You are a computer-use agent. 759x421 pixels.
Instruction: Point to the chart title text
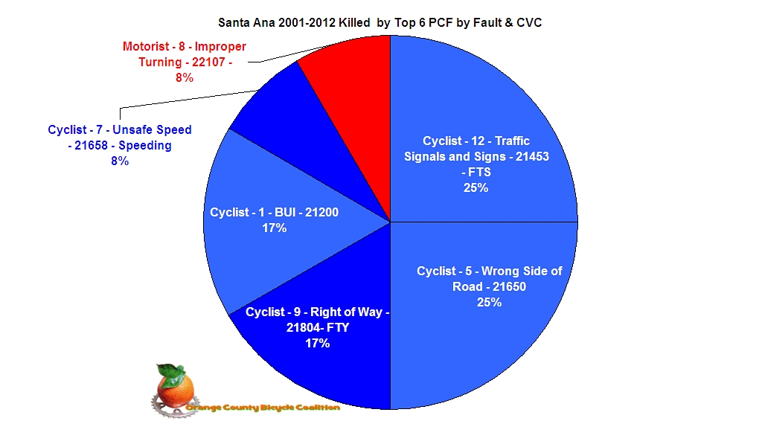[379, 22]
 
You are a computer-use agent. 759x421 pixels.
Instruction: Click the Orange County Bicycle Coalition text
[264, 408]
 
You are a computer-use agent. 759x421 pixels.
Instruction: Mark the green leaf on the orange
[170, 370]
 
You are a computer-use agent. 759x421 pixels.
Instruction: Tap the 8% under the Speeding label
[119, 161]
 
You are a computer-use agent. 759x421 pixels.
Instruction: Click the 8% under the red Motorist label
[185, 77]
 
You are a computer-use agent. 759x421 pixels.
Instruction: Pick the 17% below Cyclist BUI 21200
[274, 228]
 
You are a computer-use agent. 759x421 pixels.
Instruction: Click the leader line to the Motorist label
[283, 56]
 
